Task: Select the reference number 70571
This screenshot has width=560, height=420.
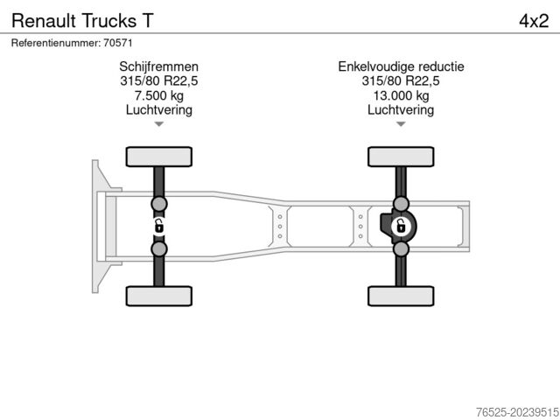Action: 117,41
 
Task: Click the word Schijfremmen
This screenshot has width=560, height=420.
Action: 158,66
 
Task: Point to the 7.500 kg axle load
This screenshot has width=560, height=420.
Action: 158,95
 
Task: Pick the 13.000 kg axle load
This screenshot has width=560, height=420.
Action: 401,95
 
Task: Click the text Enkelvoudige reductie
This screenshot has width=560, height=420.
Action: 401,66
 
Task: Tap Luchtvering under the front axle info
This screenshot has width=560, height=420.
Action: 158,110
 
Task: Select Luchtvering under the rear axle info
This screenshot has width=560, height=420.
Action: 401,110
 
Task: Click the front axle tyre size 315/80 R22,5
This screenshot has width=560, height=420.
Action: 158,81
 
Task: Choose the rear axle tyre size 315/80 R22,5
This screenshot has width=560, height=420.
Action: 401,81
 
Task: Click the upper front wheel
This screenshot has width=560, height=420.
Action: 158,157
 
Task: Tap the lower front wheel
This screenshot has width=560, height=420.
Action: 158,296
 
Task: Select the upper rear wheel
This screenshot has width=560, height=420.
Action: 401,157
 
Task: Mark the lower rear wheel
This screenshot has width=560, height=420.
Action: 401,296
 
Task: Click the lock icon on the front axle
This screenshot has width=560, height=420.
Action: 159,227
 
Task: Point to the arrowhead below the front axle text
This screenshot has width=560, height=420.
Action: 158,124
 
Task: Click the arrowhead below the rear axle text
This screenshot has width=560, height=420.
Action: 401,124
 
